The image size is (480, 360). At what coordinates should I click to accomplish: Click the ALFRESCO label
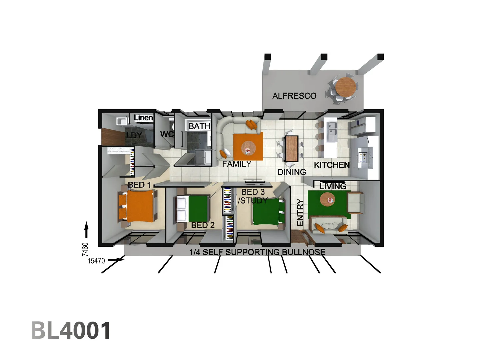tap(294, 96)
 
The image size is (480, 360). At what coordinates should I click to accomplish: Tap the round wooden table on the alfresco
tap(345, 87)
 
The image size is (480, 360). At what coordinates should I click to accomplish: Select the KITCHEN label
tap(332, 165)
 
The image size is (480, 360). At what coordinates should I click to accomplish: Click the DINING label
tap(292, 172)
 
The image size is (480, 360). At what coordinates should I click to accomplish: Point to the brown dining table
tap(292, 149)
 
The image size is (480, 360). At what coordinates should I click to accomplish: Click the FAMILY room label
tap(237, 164)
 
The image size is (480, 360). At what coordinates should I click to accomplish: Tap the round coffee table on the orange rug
tap(248, 147)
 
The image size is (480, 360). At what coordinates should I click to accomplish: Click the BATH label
tap(199, 126)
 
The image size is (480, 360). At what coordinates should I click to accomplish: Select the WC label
tap(167, 134)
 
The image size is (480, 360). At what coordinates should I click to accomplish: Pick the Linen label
tap(143, 118)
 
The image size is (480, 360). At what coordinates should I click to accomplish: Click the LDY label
tap(134, 135)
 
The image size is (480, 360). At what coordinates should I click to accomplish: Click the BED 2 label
tap(203, 225)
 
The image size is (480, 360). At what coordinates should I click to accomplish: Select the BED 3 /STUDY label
tap(253, 196)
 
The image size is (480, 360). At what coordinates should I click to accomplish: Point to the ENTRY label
tap(300, 212)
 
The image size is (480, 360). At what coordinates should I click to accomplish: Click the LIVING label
tap(333, 186)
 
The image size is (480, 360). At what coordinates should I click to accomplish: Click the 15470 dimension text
tap(96, 261)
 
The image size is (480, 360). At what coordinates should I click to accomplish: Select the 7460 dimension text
tap(85, 249)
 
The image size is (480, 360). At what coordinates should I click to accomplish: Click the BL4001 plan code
tap(71, 331)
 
